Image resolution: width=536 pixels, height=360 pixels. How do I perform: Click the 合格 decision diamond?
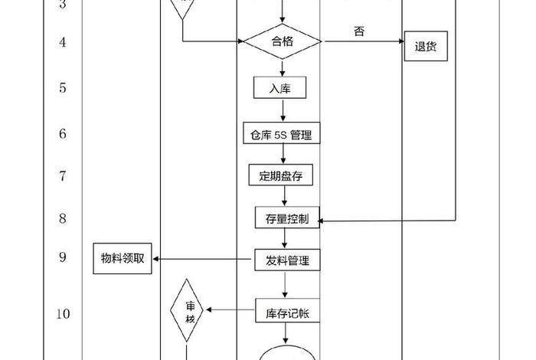282,42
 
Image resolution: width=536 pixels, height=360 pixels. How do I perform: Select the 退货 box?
425,46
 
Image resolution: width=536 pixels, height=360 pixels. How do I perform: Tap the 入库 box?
280,88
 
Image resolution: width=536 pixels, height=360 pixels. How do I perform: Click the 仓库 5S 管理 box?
281,134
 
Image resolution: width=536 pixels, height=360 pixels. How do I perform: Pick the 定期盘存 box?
281,175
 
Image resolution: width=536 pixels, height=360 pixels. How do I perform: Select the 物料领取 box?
123,260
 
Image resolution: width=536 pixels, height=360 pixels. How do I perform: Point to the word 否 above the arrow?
359,31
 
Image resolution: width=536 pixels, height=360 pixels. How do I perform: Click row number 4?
62,41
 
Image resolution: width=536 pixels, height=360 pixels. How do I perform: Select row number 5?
62,87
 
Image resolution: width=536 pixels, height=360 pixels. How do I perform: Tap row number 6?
62,133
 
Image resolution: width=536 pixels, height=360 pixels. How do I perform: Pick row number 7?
62,175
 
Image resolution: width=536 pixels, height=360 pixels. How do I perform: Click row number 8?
62,218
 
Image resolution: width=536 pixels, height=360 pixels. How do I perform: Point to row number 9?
62,257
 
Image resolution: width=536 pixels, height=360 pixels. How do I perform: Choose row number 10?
62,313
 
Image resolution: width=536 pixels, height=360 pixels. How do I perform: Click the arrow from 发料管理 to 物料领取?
204,260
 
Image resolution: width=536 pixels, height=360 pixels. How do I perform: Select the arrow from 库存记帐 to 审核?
232,310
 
